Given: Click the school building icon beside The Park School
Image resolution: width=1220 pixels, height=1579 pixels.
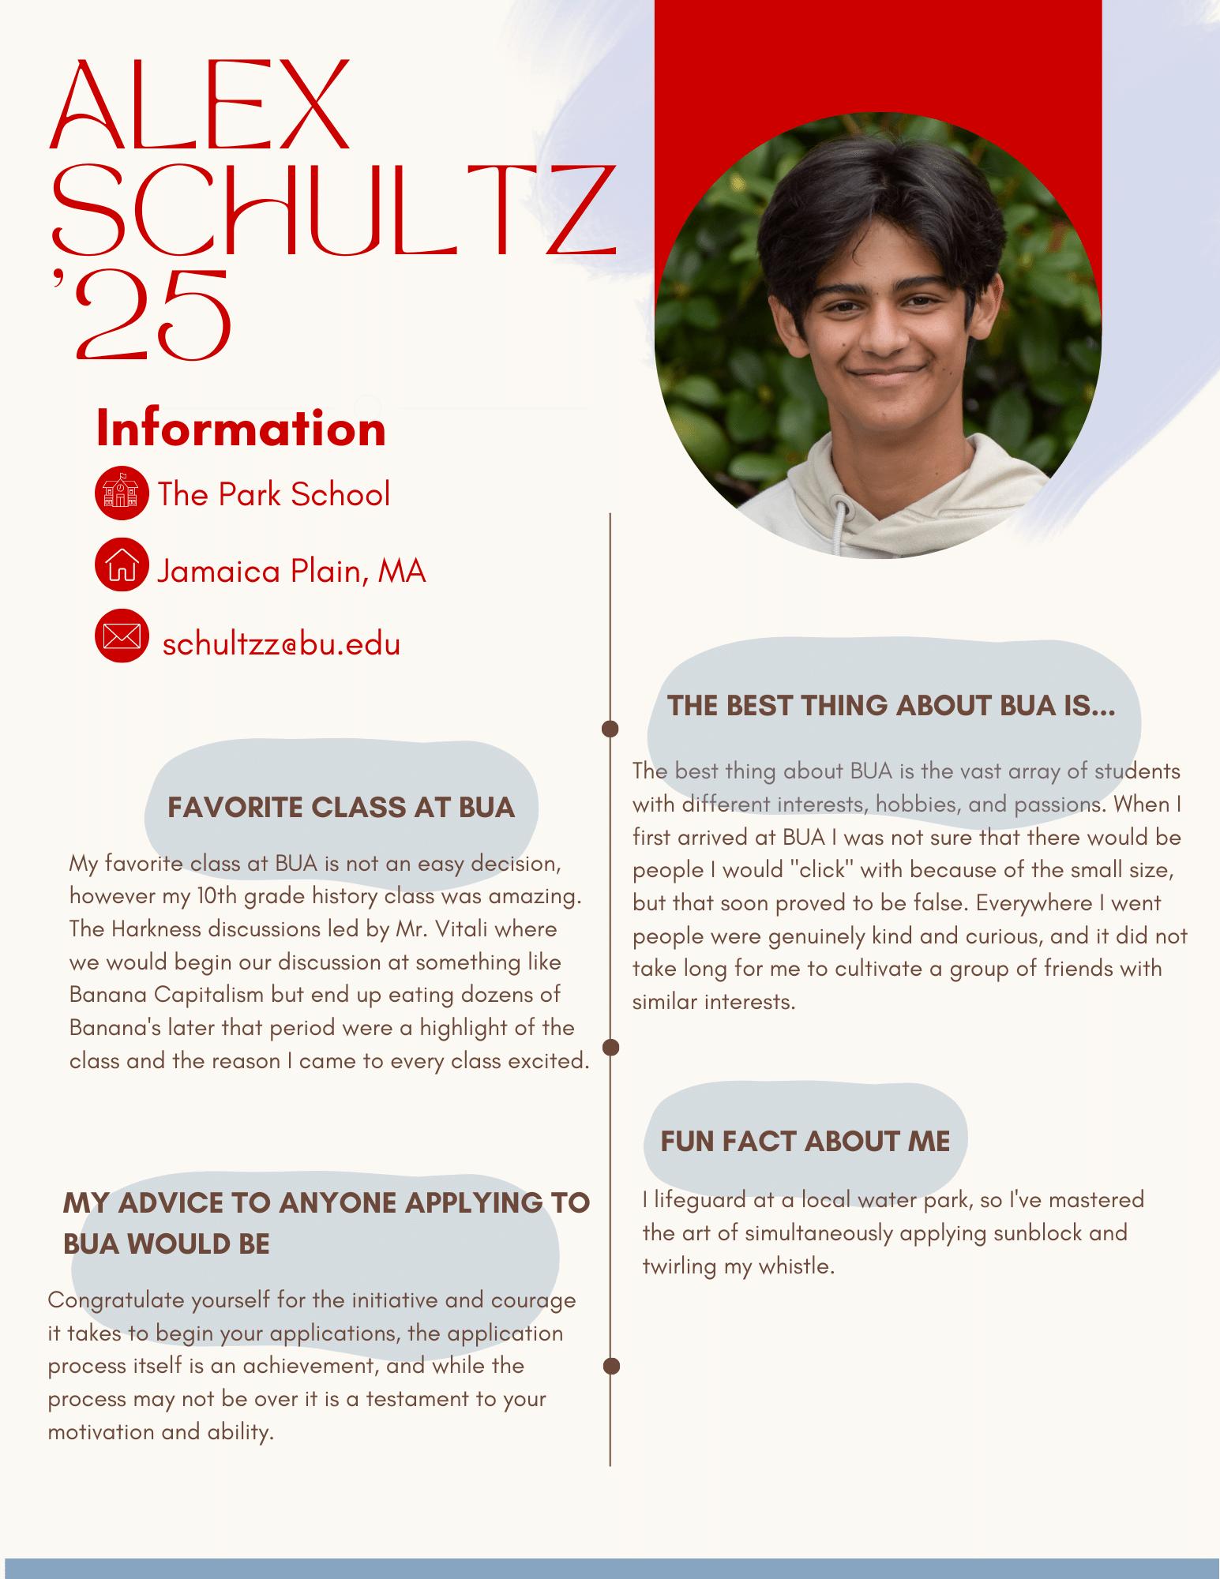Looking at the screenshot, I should point(121,493).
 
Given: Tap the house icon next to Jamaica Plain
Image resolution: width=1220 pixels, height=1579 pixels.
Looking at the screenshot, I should point(121,565).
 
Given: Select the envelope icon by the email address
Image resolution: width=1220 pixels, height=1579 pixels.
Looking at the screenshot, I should point(121,636).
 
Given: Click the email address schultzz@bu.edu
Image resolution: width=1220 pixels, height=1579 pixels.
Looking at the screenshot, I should point(281,643).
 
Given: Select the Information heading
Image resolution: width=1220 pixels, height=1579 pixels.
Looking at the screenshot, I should point(241,429).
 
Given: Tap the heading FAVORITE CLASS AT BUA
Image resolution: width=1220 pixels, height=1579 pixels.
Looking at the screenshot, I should point(341,808).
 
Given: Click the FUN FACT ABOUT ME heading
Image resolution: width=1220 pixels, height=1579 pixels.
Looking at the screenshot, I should point(805,1141).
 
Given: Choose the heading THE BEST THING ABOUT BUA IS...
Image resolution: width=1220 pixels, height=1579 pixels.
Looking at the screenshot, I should point(891,705).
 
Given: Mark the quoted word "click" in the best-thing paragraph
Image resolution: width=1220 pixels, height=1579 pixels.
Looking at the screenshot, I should point(821,870).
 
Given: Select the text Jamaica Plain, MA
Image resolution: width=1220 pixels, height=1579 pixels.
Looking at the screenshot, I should point(291,571).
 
